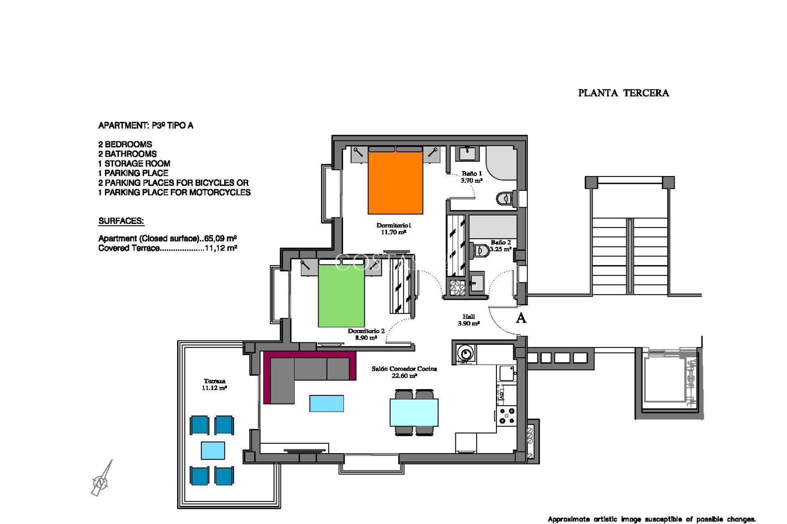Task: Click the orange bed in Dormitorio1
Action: [395, 182]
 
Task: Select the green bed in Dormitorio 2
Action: [341, 296]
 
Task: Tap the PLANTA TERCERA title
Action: [623, 93]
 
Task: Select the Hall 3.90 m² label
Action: [469, 320]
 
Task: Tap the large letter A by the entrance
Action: [521, 318]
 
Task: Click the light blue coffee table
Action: [326, 403]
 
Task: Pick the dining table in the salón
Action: [414, 413]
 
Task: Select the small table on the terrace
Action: [213, 450]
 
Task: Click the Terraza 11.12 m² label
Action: [214, 384]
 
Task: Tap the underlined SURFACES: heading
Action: [121, 221]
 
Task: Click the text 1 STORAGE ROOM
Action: [134, 163]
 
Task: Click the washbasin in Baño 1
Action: [467, 154]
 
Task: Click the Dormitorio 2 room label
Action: [366, 334]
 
